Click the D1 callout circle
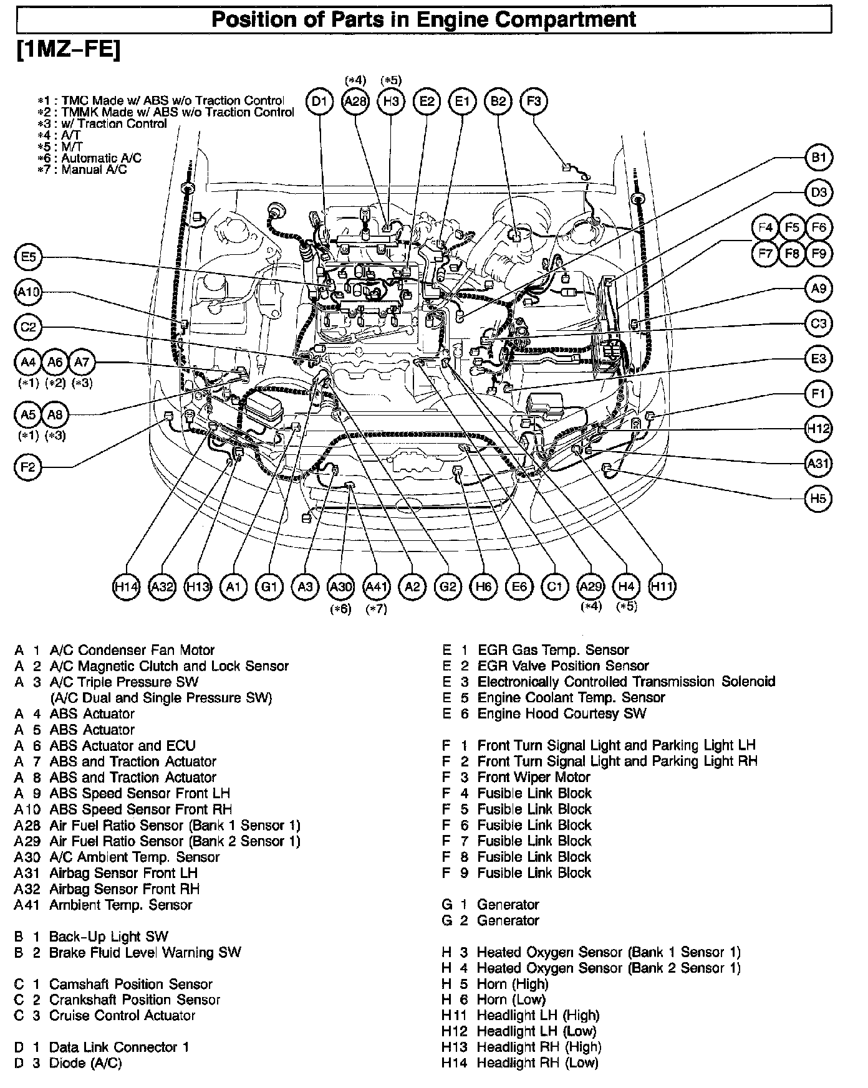point(320,102)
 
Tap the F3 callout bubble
point(534,102)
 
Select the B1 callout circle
point(818,158)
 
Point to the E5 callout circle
point(28,257)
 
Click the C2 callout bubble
point(28,327)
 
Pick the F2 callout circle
point(28,467)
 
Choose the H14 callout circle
point(126,586)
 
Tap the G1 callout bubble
point(269,586)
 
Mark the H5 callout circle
point(818,499)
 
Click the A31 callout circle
point(818,464)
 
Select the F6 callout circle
point(818,228)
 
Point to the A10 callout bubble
point(28,292)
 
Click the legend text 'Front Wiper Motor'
point(533,777)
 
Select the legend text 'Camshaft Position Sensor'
point(130,984)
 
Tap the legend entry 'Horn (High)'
point(512,984)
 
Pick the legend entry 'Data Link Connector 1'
point(118,1047)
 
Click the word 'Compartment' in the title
point(574,19)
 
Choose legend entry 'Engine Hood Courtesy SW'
point(561,713)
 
